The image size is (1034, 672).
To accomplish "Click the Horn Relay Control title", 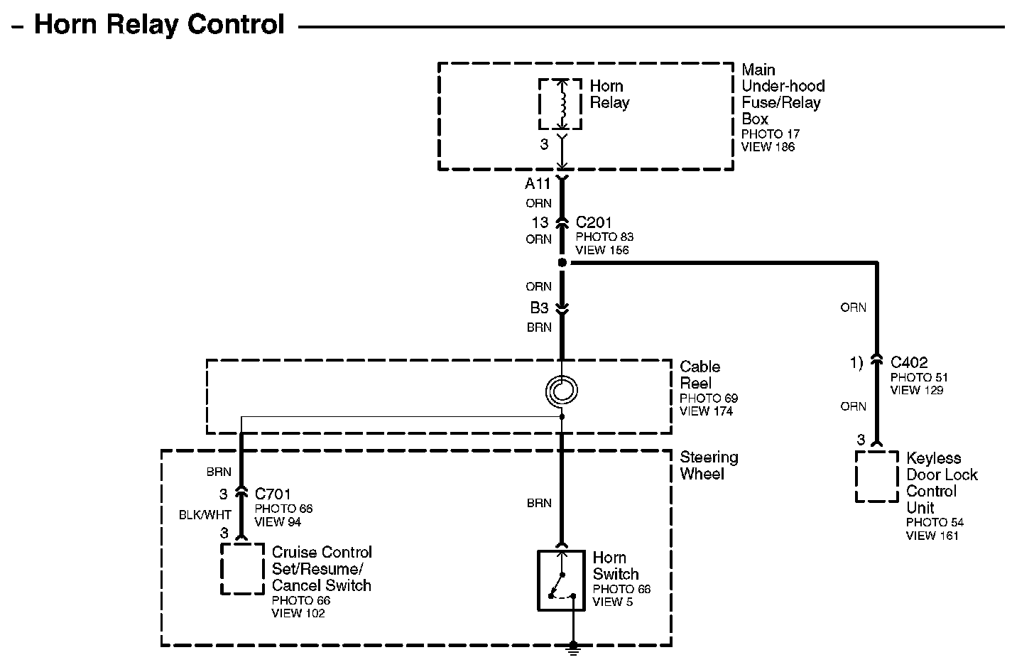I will [x=159, y=25].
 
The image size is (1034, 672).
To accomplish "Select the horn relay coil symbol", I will [x=561, y=104].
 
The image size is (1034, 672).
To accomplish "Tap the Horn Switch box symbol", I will [x=561, y=580].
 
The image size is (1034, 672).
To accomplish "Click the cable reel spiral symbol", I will [x=561, y=390].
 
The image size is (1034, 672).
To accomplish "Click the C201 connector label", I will [x=594, y=222].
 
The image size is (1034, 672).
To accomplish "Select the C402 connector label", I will [x=909, y=362].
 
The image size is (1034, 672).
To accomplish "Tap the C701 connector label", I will [x=273, y=494].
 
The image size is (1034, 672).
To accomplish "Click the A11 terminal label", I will [x=538, y=184].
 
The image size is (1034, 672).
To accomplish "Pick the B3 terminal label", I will [x=539, y=308].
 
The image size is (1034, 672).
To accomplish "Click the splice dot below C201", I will [x=562, y=263].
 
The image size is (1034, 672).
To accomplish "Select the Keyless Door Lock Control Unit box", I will [x=876, y=477].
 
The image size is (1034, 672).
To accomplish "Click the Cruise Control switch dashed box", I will [x=242, y=568].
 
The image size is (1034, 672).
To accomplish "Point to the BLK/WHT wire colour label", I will [x=205, y=515].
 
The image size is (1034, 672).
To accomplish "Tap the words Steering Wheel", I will [x=709, y=465].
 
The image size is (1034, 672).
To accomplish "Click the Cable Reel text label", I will [x=700, y=375].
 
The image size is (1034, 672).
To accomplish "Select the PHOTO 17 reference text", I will [x=771, y=134].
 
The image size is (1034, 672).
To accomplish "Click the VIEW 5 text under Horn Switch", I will [x=612, y=602].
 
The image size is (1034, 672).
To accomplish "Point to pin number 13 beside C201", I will [x=540, y=222].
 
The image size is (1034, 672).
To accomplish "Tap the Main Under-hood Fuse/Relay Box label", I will [x=783, y=94].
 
